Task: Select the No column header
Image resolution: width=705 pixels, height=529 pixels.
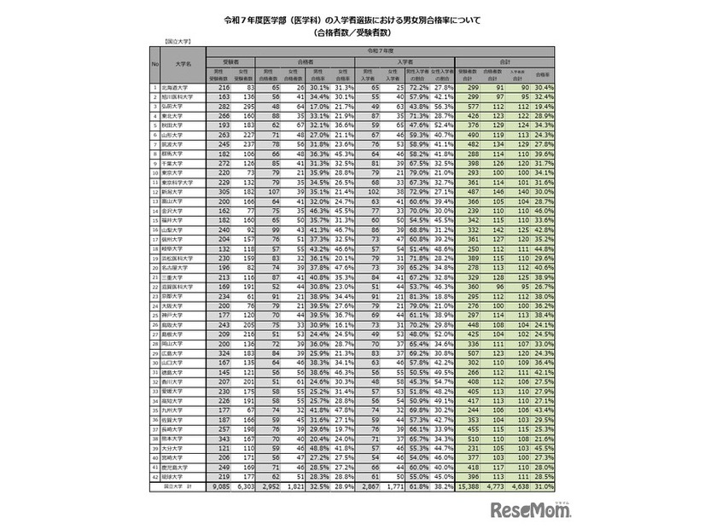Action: [154, 63]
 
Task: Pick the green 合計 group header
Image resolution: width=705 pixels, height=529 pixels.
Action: [504, 62]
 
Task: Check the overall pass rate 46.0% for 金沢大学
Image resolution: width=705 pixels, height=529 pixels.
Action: [543, 209]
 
